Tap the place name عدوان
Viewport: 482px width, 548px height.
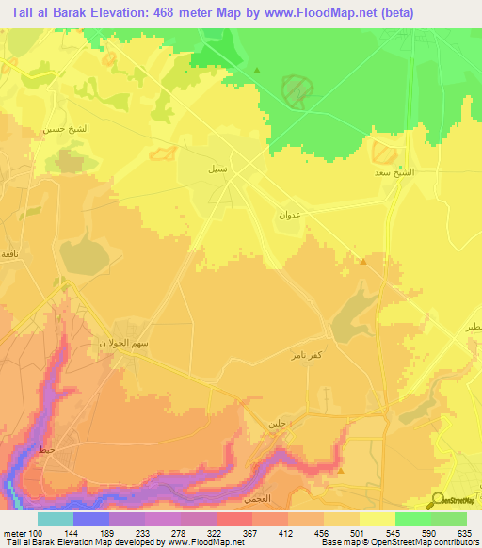[289, 216]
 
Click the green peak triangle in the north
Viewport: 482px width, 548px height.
[257, 70]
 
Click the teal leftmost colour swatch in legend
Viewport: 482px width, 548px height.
[55, 519]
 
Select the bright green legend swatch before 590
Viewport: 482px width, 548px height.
[412, 519]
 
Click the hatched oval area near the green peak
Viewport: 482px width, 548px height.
[298, 89]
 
